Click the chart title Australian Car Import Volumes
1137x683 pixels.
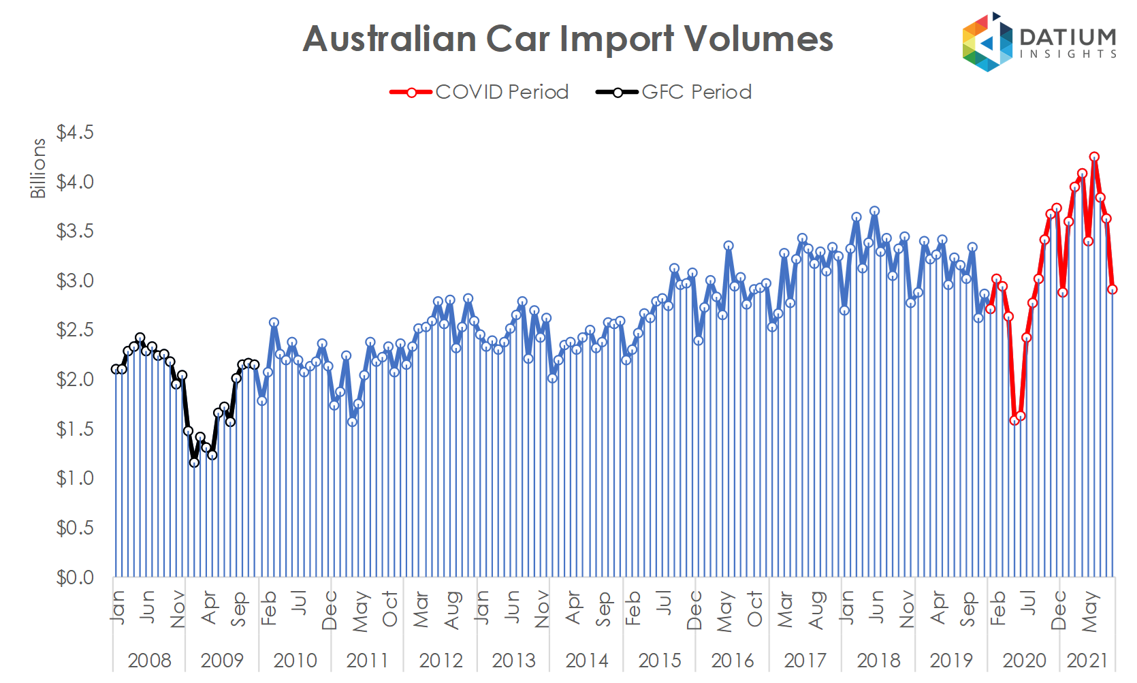point(568,39)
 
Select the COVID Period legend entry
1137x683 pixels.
point(479,92)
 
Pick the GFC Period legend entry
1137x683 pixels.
point(674,92)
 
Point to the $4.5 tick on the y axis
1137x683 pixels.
point(75,132)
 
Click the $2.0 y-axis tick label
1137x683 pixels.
point(75,379)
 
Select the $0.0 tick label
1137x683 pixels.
point(75,577)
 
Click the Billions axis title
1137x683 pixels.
point(38,168)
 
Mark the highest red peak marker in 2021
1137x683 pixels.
point(1094,157)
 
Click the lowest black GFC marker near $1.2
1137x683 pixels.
point(194,462)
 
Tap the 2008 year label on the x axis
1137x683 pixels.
point(149,660)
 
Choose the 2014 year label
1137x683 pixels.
point(586,660)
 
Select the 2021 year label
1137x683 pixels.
point(1087,660)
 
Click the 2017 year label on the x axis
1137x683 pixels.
point(805,660)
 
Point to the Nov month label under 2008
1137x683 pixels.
point(178,609)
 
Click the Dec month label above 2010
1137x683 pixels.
point(330,610)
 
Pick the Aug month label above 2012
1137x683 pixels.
point(452,610)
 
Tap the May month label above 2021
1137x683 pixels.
point(1089,611)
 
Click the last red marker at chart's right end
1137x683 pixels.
point(1112,289)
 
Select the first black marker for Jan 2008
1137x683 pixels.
point(116,369)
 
